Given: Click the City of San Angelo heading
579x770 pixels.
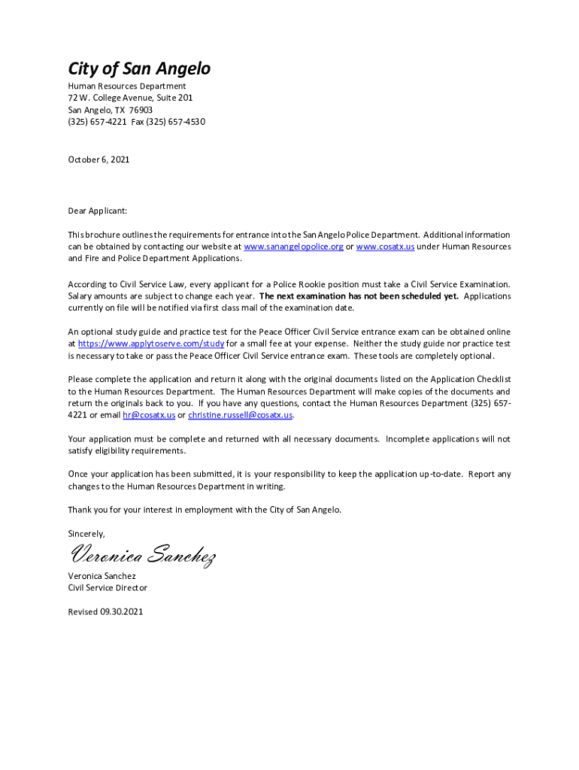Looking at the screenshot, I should [x=139, y=69].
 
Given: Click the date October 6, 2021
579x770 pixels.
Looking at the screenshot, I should [x=99, y=159].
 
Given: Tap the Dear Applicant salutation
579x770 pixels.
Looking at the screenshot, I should [x=98, y=211].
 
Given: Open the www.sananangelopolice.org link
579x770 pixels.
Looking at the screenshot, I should [x=294, y=247].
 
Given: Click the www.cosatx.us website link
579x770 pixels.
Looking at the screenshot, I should [x=385, y=247].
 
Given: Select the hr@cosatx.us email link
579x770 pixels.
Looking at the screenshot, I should [x=148, y=415].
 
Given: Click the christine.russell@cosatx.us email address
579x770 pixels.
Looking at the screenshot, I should [x=240, y=415].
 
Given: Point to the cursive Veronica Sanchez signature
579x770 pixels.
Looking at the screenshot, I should [x=143, y=557].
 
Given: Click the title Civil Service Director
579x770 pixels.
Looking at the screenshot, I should [x=108, y=588].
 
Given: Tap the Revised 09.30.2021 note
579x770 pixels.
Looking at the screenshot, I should [x=105, y=612].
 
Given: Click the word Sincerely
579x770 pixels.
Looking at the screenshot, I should [x=87, y=533].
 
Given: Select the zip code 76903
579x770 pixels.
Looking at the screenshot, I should [x=141, y=110].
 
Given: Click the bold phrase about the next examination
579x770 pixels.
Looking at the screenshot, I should [x=359, y=296].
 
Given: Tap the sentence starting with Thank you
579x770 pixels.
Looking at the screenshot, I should [x=205, y=510].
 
